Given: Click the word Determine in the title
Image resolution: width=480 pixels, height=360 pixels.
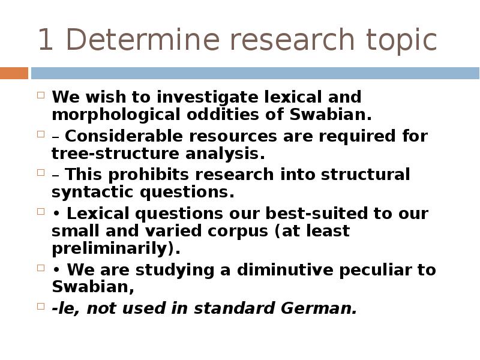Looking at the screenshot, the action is [143, 40].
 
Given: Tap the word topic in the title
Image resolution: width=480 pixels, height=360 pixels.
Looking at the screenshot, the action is [401, 41].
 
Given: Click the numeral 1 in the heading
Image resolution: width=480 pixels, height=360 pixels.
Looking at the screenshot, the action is [46, 40].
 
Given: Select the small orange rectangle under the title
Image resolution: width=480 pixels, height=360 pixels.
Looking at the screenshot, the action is [14, 73].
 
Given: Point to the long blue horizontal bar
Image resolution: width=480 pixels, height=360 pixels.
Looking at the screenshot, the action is [256, 73].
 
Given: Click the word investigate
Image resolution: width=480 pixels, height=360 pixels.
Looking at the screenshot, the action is [207, 97].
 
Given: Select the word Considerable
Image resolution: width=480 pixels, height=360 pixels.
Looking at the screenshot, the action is [124, 136].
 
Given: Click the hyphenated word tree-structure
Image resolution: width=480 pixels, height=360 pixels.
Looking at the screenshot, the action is [115, 154].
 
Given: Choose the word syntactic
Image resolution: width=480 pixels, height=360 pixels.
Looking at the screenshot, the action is [92, 193].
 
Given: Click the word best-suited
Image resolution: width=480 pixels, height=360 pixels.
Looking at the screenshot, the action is [317, 214].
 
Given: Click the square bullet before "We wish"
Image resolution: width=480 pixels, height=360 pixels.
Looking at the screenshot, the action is [41, 95].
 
